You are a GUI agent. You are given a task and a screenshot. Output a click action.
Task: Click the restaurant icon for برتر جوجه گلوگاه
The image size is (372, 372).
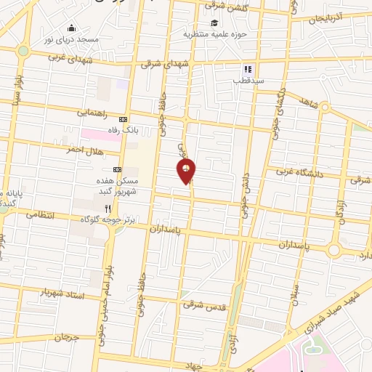click(x=107, y=208)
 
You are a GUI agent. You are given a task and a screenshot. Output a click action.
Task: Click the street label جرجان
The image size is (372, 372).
click(x=64, y=338)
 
